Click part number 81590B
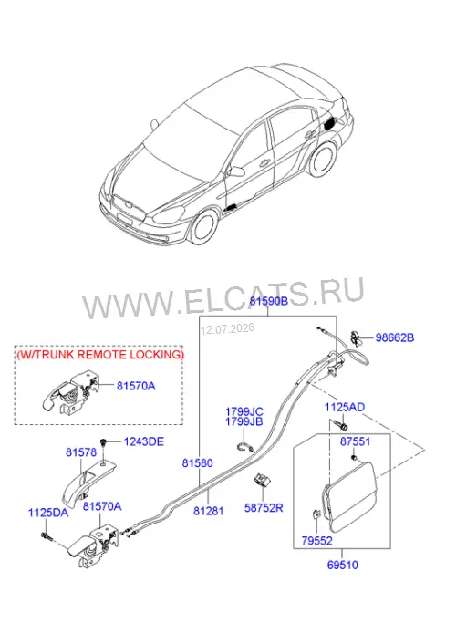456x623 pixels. [x=268, y=301]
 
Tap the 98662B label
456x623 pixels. [x=395, y=337]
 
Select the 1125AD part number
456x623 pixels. [x=345, y=407]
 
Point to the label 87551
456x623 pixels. [x=355, y=441]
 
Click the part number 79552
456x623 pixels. [x=316, y=541]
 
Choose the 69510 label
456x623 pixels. [x=342, y=565]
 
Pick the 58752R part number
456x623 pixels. [x=264, y=508]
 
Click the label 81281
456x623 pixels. [x=209, y=511]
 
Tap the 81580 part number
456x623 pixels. [x=197, y=462]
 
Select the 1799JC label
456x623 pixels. [x=244, y=411]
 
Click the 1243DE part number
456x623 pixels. [x=144, y=441]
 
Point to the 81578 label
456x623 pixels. [x=81, y=452]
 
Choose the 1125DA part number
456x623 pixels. [x=48, y=513]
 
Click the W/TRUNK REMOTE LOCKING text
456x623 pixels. [x=100, y=355]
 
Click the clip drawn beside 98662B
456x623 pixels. [x=356, y=337]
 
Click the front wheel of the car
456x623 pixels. [x=204, y=227]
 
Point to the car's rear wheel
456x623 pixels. [x=323, y=160]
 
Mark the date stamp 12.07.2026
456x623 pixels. [x=228, y=329]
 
